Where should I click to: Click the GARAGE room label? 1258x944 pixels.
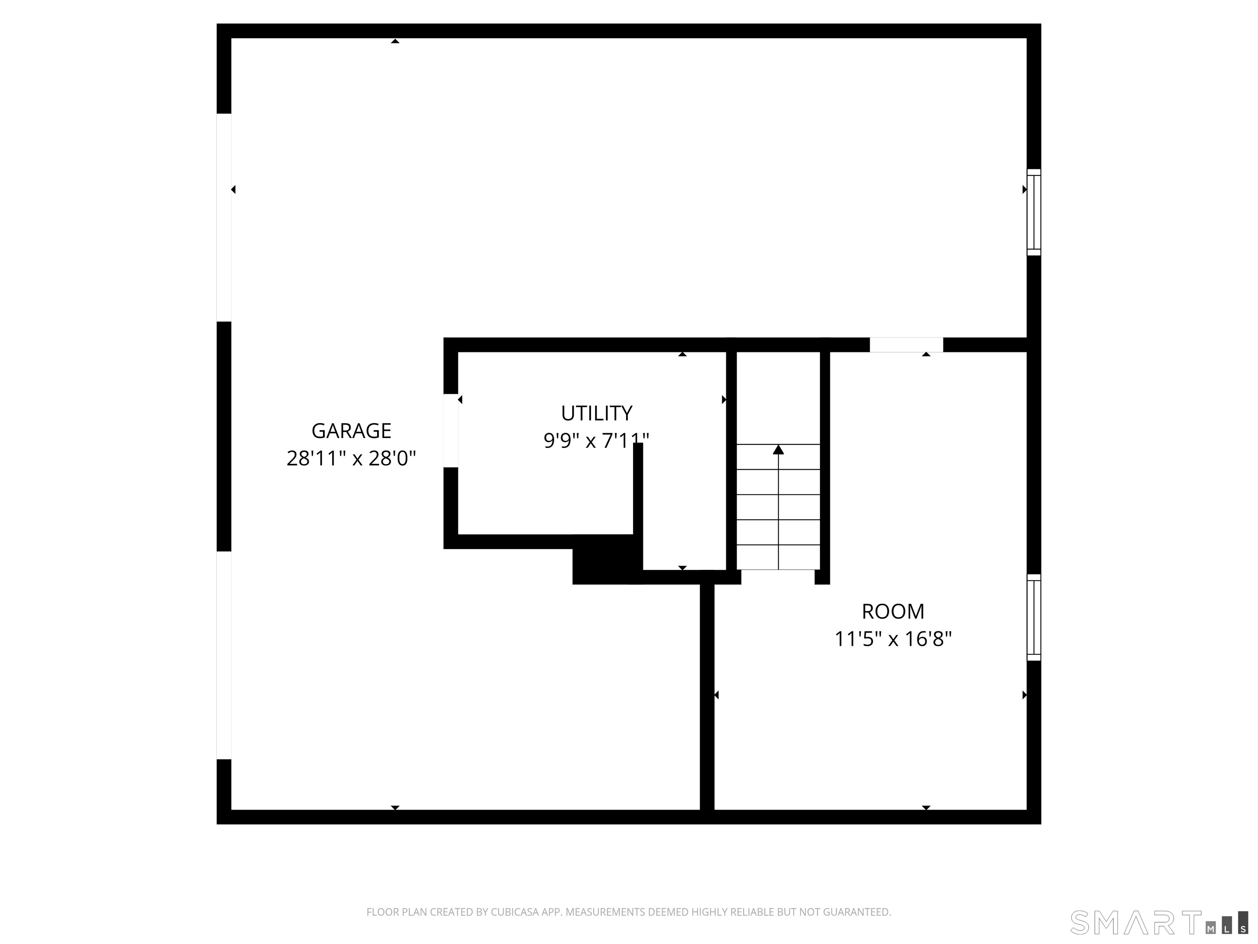351,431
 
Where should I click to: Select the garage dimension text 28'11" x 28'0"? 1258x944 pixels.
351,458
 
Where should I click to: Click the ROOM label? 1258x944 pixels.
893,612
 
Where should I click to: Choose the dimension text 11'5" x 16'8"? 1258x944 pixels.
893,639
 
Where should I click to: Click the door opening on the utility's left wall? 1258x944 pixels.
450,431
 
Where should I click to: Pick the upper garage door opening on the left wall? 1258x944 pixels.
224,218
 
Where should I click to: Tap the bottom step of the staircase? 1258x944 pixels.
778,557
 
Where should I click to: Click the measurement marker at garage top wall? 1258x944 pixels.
395,41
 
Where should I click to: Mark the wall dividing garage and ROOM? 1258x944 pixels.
707,697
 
